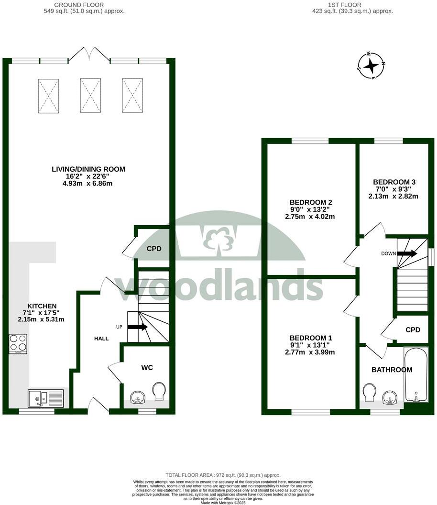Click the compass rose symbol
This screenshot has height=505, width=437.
[x=371, y=66]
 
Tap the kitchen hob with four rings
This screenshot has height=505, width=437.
[x=18, y=343]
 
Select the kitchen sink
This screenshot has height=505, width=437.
[x=45, y=398]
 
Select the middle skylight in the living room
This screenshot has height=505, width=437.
[x=90, y=95]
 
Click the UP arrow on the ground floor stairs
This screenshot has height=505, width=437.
[x=137, y=327]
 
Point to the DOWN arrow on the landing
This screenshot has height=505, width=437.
[x=407, y=253]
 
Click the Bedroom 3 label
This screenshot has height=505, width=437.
[x=394, y=182]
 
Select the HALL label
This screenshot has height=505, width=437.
[x=101, y=339]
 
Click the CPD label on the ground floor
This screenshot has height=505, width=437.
[x=154, y=249]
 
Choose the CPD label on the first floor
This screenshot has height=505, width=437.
[x=413, y=330]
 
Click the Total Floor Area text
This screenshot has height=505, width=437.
[x=223, y=475]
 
